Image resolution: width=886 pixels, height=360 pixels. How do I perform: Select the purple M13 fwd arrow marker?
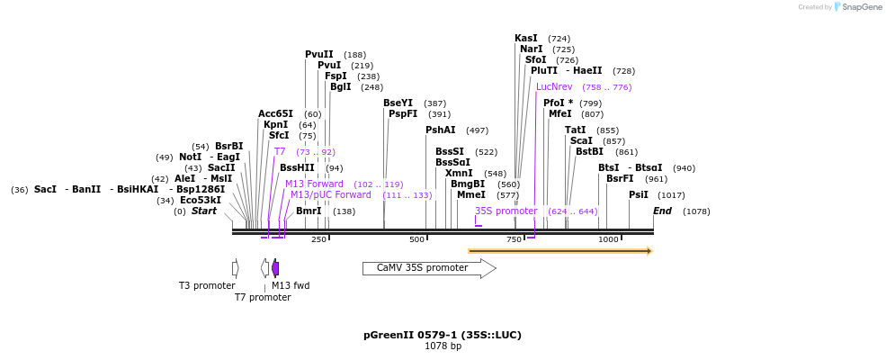[275, 268]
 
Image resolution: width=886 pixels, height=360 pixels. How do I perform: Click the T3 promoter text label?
[207, 285]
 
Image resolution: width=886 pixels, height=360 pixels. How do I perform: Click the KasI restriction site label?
[526, 39]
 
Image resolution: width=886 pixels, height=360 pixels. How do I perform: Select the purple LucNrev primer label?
[554, 86]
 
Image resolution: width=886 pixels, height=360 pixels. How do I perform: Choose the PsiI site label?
[638, 194]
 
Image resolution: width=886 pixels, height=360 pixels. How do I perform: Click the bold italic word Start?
[204, 211]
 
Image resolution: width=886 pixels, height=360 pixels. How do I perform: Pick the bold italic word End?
[662, 211]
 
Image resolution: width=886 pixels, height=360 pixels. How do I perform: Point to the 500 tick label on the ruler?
[417, 239]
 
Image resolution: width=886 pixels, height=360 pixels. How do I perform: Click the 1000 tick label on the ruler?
[608, 239]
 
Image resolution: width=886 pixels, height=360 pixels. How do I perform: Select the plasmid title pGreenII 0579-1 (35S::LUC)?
[443, 335]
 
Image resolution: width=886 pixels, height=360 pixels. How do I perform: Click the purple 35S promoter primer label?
[506, 211]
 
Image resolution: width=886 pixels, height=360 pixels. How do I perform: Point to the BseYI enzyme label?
[398, 103]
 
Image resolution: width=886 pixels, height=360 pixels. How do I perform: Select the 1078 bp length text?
[443, 346]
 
